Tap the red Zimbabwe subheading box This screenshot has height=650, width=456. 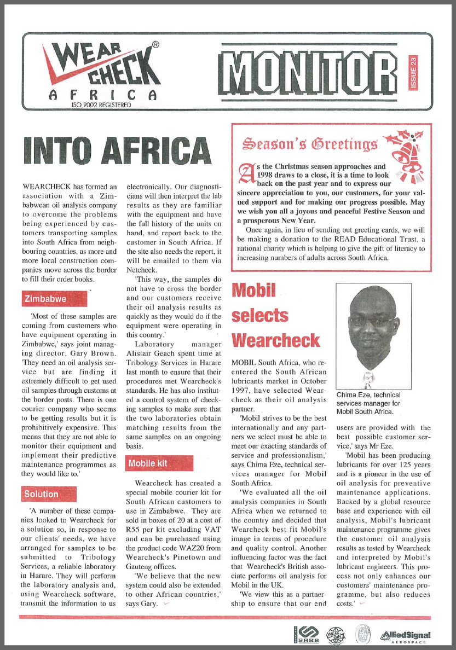(x=53, y=299)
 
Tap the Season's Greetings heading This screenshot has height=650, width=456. (x=310, y=144)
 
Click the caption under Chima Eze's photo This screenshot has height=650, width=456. (x=369, y=403)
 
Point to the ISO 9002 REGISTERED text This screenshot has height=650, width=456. (x=101, y=104)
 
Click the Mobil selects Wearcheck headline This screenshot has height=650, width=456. (x=275, y=316)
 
